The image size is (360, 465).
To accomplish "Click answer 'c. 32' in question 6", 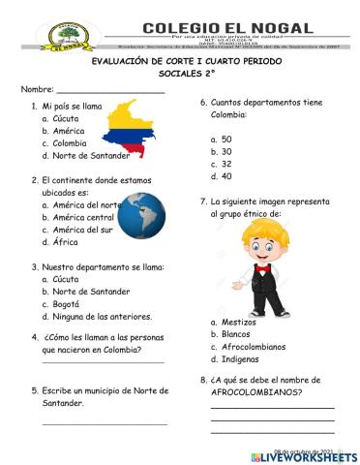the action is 221,164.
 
